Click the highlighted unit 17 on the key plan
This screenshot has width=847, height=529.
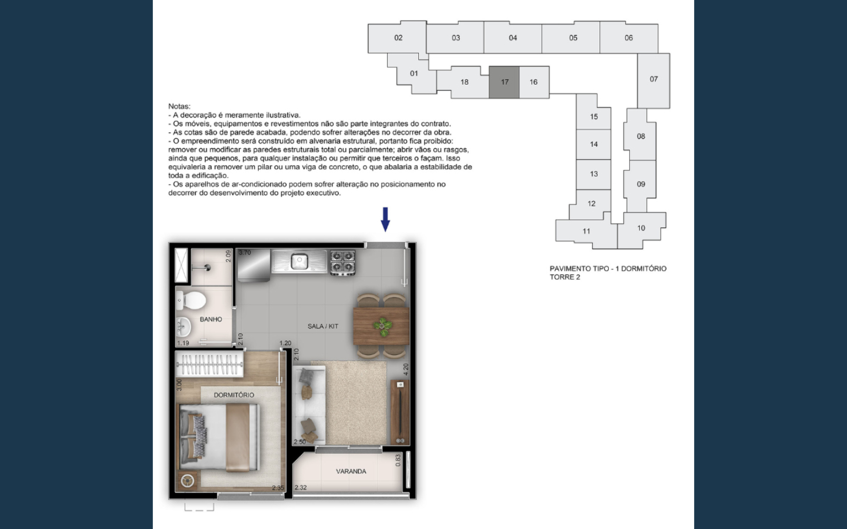click(x=504, y=82)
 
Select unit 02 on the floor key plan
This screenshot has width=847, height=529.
click(x=398, y=38)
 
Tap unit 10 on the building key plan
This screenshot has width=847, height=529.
click(x=641, y=228)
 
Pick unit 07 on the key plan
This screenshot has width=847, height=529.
click(x=654, y=79)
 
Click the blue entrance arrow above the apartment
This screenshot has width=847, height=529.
click(x=385, y=219)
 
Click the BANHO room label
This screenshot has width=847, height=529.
click(x=211, y=319)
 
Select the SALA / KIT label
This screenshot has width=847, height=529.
click(x=323, y=326)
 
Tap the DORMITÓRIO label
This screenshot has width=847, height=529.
click(x=234, y=395)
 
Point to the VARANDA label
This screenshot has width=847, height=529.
click(x=351, y=471)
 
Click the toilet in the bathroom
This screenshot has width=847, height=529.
click(x=191, y=300)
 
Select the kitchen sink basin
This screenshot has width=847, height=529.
click(x=299, y=262)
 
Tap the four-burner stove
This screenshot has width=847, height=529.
click(x=342, y=262)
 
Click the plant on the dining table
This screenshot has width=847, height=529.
click(x=383, y=327)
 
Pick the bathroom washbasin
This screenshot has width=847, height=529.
click(x=184, y=327)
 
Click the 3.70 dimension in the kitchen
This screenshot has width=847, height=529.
click(x=245, y=252)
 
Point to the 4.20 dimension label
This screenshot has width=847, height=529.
click(x=406, y=369)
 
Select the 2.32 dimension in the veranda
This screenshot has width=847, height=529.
click(x=301, y=487)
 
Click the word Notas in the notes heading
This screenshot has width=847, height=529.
click(x=179, y=106)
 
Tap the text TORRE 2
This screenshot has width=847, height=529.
click(x=565, y=277)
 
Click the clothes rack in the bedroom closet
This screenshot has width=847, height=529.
click(x=209, y=364)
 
